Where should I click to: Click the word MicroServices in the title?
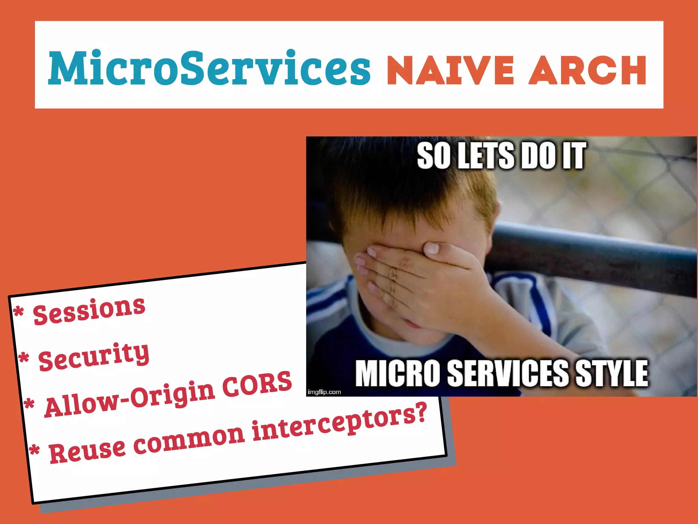(x=209, y=68)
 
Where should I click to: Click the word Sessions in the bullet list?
(x=89, y=310)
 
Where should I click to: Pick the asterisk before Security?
(x=24, y=359)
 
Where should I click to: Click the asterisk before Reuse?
(x=34, y=451)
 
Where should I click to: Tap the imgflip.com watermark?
(x=324, y=392)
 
